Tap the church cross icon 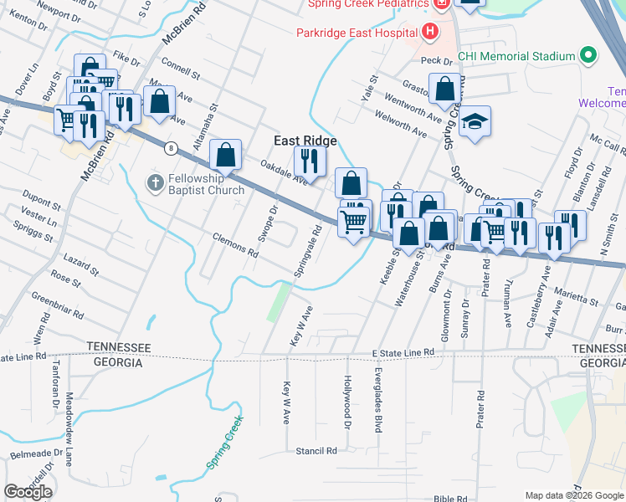tap(153, 182)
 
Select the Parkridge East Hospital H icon tap(430, 33)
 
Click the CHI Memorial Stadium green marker tap(588, 56)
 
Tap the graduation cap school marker tap(475, 121)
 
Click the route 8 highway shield tap(171, 148)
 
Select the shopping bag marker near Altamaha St tap(225, 155)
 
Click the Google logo tap(28, 491)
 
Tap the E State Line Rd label tap(403, 353)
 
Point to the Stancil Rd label tap(316, 450)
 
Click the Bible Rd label tap(450, 498)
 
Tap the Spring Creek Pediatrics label tap(368, 4)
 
